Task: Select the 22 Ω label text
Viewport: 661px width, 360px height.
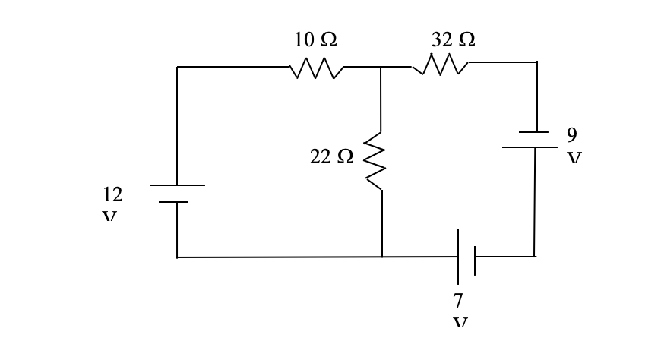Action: (x=331, y=156)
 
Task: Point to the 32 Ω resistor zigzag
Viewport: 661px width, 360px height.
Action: (x=441, y=68)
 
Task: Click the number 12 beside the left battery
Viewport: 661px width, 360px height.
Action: (x=111, y=194)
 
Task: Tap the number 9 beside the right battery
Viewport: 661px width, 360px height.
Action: (x=571, y=134)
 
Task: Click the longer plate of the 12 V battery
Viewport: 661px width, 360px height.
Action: (x=176, y=185)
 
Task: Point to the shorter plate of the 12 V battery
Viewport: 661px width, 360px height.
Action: (x=176, y=202)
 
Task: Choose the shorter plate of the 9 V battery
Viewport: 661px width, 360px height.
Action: (x=533, y=131)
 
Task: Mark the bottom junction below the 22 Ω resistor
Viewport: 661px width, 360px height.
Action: (x=381, y=257)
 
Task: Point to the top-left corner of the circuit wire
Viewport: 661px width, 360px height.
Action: (x=177, y=67)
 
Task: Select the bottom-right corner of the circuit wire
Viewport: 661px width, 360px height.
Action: (x=535, y=257)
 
